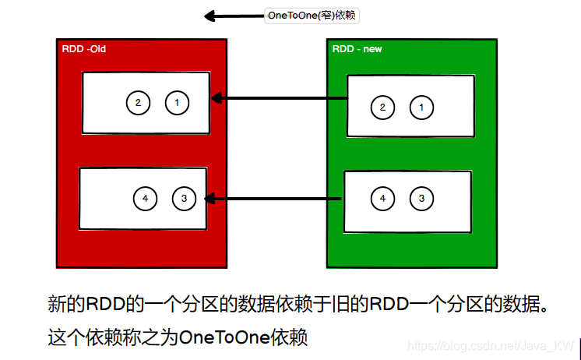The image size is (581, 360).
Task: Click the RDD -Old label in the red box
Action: click(x=84, y=49)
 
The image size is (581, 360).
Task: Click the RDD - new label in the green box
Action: click(x=357, y=49)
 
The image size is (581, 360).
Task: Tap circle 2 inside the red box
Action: click(x=138, y=103)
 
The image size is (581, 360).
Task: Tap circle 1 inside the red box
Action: click(x=177, y=103)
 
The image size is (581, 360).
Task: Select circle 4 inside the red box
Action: click(x=145, y=199)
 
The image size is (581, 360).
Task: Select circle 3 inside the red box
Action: click(x=184, y=199)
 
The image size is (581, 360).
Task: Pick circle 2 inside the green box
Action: click(x=382, y=108)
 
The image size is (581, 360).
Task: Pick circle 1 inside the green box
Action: click(x=421, y=108)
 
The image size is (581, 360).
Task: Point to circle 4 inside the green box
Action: click(x=382, y=199)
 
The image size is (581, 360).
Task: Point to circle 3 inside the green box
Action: click(x=421, y=199)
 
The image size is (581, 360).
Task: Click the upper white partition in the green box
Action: click(x=410, y=106)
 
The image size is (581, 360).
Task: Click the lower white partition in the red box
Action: click(x=143, y=198)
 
